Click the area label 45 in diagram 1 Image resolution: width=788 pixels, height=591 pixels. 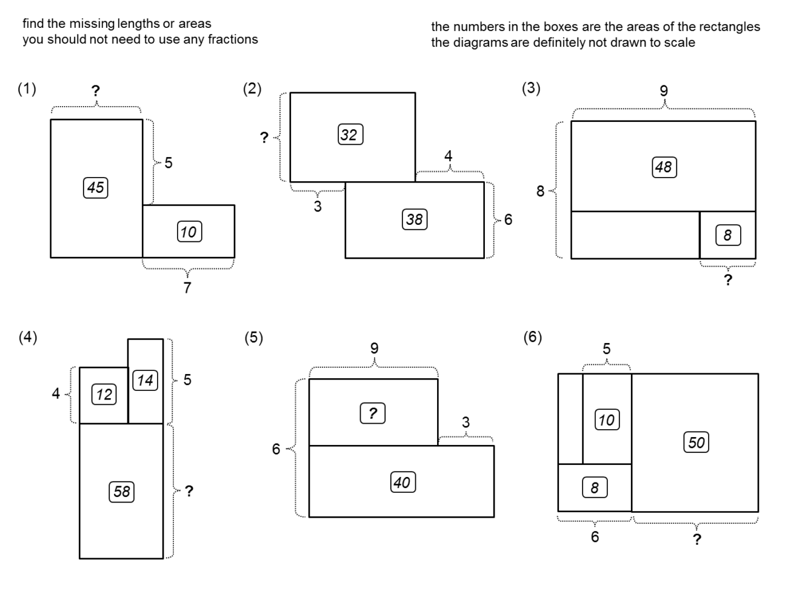95,187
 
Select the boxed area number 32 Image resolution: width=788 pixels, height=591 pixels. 350,135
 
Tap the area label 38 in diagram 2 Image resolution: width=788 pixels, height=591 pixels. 414,219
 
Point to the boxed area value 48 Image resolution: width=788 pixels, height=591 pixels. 664,167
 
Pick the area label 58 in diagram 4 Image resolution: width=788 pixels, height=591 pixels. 121,491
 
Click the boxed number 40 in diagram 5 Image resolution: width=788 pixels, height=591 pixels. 402,482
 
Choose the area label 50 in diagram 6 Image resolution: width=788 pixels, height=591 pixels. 696,442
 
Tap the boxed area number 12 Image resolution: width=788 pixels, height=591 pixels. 104,395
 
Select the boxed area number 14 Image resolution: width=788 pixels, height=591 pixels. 145,380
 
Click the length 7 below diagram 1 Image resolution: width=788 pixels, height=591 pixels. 187,288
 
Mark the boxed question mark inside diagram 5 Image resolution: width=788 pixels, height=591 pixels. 373,413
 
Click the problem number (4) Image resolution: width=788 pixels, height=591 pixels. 27,338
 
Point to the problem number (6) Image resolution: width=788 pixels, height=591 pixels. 532,338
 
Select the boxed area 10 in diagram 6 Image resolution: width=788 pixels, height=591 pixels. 606,419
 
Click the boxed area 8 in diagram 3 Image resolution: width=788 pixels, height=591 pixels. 727,235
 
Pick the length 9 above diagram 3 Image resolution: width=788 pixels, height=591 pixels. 664,91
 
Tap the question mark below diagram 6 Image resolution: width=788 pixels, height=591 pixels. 697,539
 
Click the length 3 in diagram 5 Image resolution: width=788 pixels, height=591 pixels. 466,422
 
